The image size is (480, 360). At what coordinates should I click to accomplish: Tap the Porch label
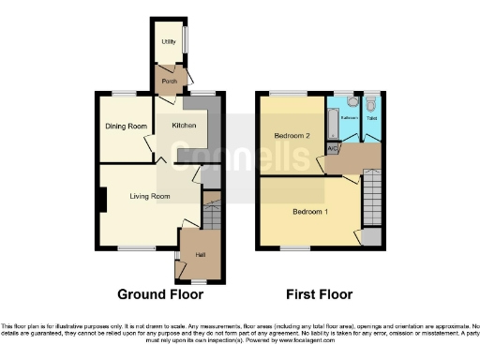pos(169,82)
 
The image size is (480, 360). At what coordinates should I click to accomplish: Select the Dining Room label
pos(124,127)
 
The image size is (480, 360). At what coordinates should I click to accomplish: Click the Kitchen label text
pos(183,125)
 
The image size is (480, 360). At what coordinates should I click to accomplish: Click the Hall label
pos(200,254)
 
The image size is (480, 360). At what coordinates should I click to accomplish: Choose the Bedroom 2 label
pos(292,136)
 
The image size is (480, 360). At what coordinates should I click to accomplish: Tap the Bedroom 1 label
pos(309,212)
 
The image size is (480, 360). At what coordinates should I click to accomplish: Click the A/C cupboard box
pos(333,148)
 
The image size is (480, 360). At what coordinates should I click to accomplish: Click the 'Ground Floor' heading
pos(160,294)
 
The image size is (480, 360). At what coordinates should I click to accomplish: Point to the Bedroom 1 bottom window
pos(296,248)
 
